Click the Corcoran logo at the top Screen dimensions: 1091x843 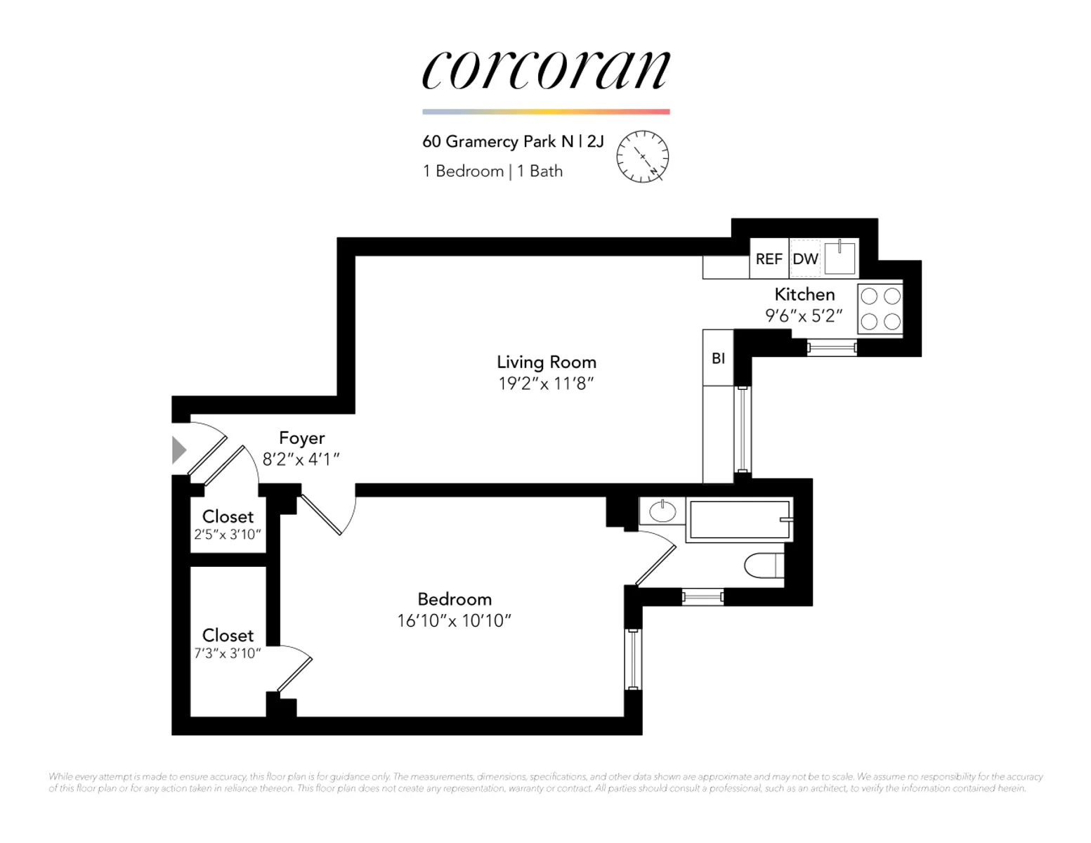(x=546, y=70)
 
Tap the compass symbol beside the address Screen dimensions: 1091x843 (x=643, y=156)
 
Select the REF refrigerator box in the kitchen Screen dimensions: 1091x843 (x=769, y=259)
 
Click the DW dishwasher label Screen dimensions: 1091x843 (x=805, y=259)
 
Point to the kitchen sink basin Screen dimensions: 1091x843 (x=840, y=259)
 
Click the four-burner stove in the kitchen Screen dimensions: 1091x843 (x=880, y=309)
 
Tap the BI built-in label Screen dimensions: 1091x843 (x=718, y=358)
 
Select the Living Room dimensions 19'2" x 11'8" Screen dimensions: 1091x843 (x=546, y=384)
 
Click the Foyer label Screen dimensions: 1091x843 (x=302, y=438)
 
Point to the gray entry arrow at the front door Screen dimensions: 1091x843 (x=178, y=450)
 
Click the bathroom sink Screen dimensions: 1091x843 (x=662, y=511)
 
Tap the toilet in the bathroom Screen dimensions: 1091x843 (x=764, y=566)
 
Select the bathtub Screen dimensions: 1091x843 (x=740, y=520)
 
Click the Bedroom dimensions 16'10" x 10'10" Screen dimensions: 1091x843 (x=454, y=621)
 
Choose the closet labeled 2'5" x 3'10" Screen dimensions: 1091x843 (x=228, y=525)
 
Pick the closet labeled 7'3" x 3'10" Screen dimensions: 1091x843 (x=228, y=641)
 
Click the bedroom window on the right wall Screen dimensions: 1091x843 (x=634, y=659)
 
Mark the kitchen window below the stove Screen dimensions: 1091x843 (x=832, y=348)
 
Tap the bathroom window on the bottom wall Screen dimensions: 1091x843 (x=703, y=597)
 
